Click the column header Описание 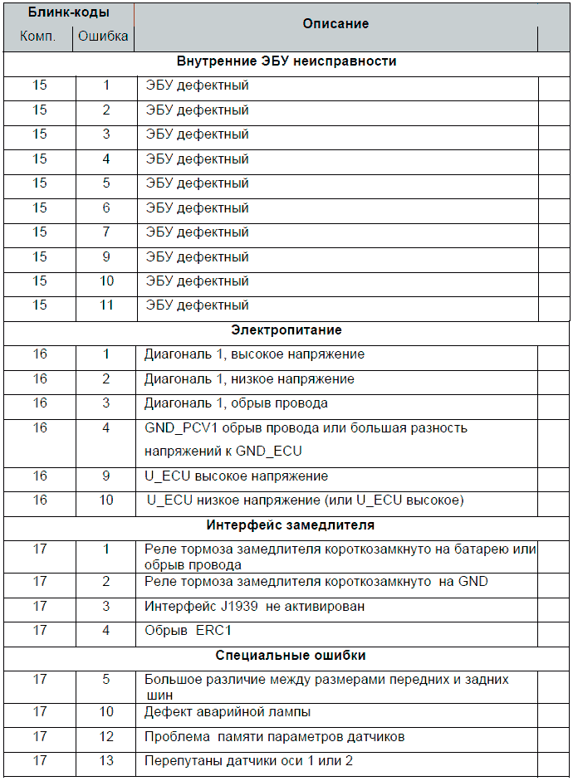[335, 24]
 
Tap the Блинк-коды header [68, 13]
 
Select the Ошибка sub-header [103, 37]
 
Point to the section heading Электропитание [286, 330]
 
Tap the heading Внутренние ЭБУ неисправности [286, 61]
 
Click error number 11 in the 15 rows [106, 305]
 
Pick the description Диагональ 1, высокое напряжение [254, 354]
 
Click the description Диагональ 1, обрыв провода [236, 403]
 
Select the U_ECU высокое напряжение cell [236, 476]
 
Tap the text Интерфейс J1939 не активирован [254, 607]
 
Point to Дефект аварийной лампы [228, 712]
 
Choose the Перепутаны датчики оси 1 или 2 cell [249, 761]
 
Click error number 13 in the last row [106, 761]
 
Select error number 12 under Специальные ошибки [106, 737]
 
